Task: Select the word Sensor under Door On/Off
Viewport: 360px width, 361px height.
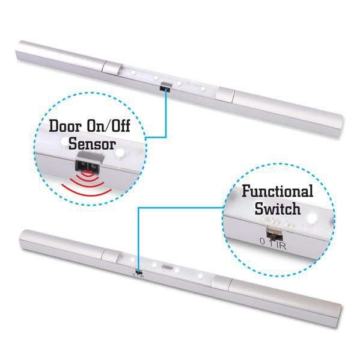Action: [x=92, y=144]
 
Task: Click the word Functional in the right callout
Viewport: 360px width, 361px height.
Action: [x=278, y=191]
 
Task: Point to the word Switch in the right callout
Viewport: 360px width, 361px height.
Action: [x=278, y=209]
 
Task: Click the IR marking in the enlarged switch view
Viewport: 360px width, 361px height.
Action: [x=281, y=245]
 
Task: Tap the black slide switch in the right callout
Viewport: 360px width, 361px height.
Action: [x=274, y=236]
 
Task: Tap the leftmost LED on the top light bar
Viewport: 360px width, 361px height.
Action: [x=133, y=73]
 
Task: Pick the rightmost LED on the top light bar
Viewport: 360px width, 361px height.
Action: [x=203, y=88]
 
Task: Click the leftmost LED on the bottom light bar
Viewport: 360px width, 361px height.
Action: [x=132, y=260]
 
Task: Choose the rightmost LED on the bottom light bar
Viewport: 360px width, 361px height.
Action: [x=200, y=276]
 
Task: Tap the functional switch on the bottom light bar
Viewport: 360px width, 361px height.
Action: [x=139, y=273]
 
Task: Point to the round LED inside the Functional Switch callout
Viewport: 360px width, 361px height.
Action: [x=311, y=218]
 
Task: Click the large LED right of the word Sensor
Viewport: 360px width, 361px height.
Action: [x=120, y=152]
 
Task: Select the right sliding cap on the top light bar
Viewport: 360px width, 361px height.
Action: [x=225, y=94]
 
